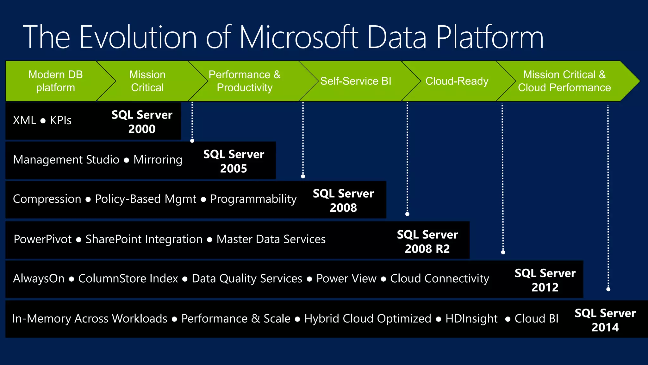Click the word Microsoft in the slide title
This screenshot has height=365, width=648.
click(299, 37)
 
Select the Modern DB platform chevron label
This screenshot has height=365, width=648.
click(55, 81)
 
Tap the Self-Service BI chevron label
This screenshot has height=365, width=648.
click(356, 81)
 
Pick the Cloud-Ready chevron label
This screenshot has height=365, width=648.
click(457, 81)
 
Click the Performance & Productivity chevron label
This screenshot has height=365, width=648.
click(244, 81)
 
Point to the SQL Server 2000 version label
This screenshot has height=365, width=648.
click(142, 122)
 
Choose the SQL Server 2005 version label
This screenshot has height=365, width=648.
click(234, 161)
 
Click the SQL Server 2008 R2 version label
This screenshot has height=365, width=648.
click(427, 241)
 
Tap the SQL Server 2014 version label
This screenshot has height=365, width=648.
click(605, 320)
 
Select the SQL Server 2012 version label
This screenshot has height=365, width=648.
click(545, 280)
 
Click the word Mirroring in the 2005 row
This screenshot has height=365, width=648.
click(158, 160)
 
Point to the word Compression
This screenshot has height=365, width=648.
click(47, 199)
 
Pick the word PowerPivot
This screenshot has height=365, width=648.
click(43, 239)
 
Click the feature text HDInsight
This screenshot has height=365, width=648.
click(471, 318)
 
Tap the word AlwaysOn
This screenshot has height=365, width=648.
click(39, 279)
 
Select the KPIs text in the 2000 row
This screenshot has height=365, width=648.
click(61, 120)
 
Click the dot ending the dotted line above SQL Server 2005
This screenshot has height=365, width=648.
click(192, 141)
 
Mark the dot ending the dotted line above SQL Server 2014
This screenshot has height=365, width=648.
click(608, 289)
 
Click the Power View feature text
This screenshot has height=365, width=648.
click(346, 279)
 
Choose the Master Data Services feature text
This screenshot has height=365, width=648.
click(271, 239)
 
